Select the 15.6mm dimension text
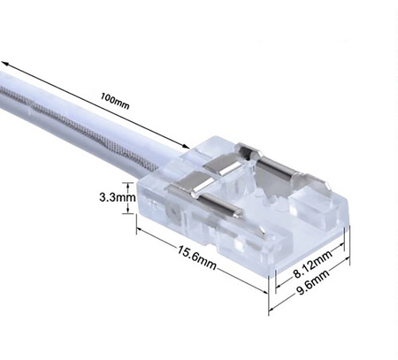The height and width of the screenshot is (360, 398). [196, 257]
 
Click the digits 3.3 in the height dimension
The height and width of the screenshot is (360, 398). [111, 199]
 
